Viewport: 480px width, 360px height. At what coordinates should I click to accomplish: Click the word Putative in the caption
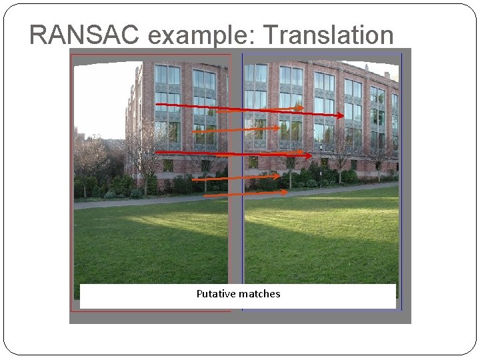[217, 293]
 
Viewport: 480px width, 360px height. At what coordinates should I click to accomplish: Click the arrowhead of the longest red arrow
[342, 115]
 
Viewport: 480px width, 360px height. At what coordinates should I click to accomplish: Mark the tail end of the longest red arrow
[157, 105]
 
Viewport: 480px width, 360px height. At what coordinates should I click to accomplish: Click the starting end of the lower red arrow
[155, 152]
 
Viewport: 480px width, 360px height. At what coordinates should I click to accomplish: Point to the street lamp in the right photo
[320, 160]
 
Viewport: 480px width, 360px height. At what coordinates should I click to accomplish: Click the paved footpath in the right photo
[320, 193]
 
